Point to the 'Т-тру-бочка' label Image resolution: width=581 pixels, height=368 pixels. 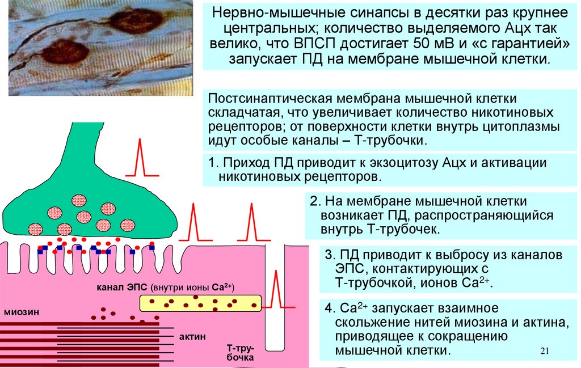click(240, 352)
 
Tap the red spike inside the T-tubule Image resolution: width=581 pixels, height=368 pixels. click(276, 289)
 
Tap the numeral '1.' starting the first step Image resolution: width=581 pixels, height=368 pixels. click(213, 163)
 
